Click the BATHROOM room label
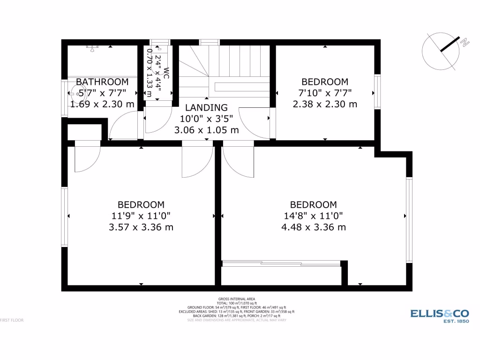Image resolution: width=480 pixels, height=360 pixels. (x=102, y=82)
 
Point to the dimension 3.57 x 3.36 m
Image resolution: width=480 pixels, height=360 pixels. (x=141, y=227)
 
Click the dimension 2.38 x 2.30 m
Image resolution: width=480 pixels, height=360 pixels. (x=325, y=104)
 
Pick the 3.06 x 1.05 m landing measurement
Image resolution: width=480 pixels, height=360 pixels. (x=206, y=130)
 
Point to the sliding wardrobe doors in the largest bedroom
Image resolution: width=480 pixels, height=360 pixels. (x=281, y=264)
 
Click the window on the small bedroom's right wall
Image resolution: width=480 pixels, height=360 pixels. (x=377, y=91)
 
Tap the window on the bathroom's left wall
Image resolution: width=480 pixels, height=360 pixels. (x=65, y=97)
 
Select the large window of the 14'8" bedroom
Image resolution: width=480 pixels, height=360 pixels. (x=409, y=219)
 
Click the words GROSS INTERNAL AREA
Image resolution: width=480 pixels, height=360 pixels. (x=236, y=299)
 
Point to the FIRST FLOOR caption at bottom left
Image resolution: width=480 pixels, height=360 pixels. (x=12, y=320)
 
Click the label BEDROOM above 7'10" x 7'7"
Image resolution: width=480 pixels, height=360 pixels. (x=325, y=82)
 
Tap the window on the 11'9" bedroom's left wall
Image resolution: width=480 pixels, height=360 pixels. (x=65, y=217)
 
